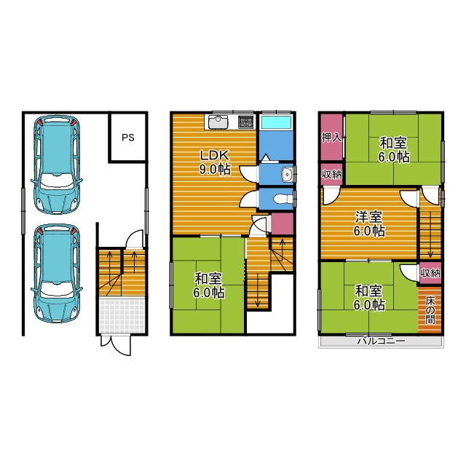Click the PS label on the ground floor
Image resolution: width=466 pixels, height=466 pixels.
128,138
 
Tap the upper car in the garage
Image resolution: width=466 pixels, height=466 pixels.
57,165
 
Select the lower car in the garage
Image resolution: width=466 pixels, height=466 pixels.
57,274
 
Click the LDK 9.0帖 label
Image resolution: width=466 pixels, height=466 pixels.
214,162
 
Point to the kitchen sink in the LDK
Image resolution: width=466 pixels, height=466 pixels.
218,122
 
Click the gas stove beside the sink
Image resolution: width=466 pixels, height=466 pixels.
246,122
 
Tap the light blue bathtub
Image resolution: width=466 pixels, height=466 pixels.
277,122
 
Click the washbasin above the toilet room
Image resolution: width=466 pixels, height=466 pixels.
287,174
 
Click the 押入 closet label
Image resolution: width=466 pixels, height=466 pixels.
331,138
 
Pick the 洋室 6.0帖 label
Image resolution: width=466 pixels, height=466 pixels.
369,224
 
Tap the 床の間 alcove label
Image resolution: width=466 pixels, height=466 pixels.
430,310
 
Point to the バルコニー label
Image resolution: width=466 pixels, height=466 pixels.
381,341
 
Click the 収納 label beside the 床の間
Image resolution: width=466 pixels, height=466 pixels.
430,272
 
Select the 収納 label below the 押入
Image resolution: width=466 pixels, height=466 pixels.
331,174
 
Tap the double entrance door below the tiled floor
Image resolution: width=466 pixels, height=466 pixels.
116,344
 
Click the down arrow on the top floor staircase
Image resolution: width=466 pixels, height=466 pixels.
430,234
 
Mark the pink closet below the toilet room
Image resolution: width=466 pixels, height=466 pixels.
282,223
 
